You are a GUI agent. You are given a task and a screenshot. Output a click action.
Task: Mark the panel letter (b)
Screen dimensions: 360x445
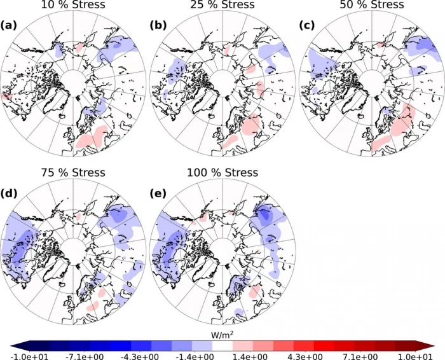[x=158, y=26]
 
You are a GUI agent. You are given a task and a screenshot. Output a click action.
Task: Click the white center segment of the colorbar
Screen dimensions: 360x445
[x=222, y=344]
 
